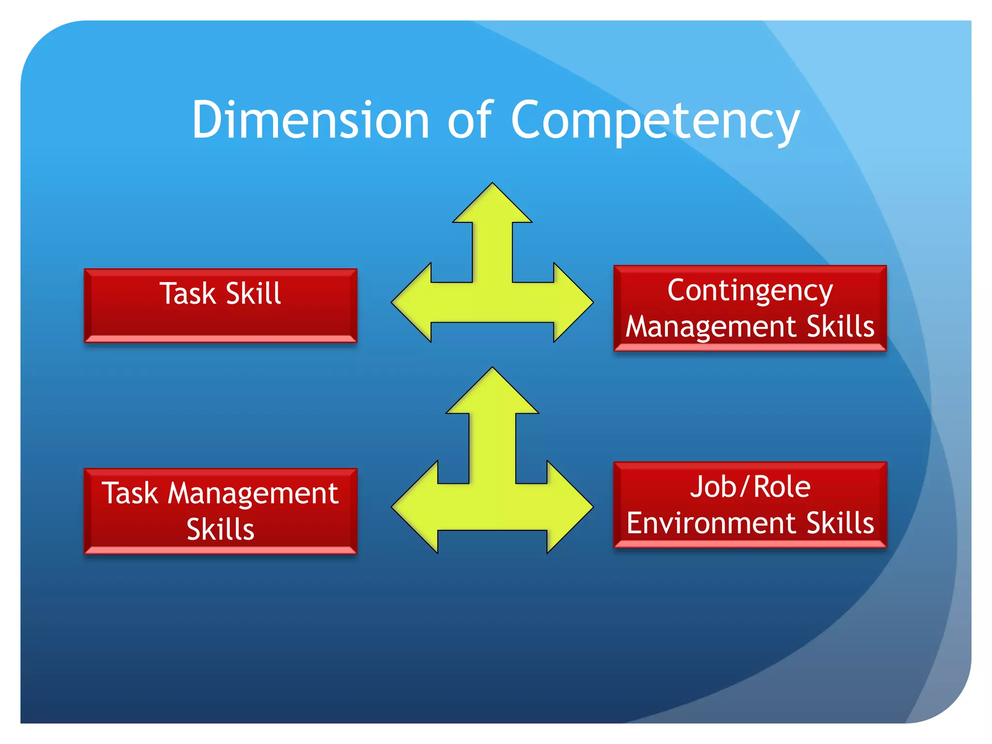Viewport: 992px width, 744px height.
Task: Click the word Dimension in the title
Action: [310, 120]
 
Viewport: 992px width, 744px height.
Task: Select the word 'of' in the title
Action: [470, 120]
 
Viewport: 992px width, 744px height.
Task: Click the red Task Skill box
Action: [220, 306]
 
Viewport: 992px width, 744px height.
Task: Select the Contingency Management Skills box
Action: [750, 308]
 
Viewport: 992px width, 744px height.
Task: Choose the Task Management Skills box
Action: [220, 511]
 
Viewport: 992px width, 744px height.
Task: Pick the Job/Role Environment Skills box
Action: [750, 505]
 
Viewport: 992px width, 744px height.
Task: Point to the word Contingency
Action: [750, 291]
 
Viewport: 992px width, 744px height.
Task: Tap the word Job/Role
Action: [750, 487]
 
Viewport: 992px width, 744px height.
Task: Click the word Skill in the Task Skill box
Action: [253, 294]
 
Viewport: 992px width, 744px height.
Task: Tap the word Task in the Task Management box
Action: [130, 494]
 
